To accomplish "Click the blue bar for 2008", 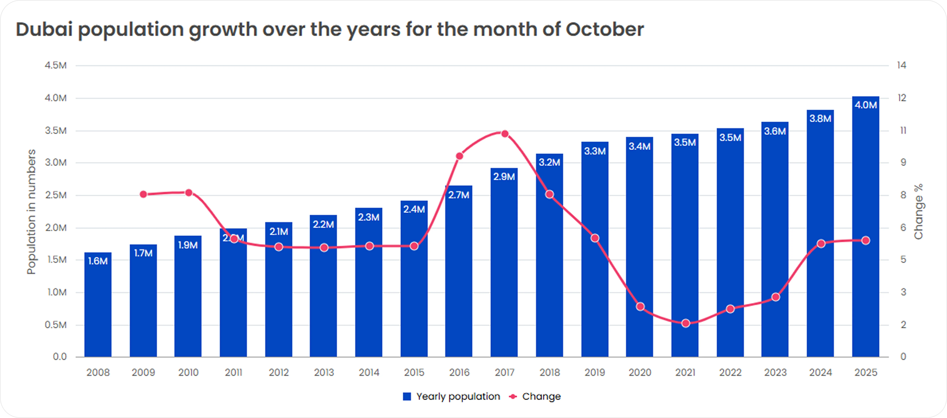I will pyautogui.click(x=98, y=308).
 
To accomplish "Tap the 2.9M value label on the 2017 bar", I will pyautogui.click(x=504, y=177).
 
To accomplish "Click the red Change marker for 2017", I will pyautogui.click(x=505, y=134).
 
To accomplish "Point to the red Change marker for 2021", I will pyautogui.click(x=685, y=323).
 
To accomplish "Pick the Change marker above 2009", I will pyautogui.click(x=143, y=194).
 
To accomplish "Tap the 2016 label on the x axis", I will pyautogui.click(x=459, y=372).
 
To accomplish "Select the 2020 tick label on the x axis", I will pyautogui.click(x=640, y=372).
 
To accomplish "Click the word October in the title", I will pyautogui.click(x=604, y=29).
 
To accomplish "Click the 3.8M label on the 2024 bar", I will pyautogui.click(x=820, y=119).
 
